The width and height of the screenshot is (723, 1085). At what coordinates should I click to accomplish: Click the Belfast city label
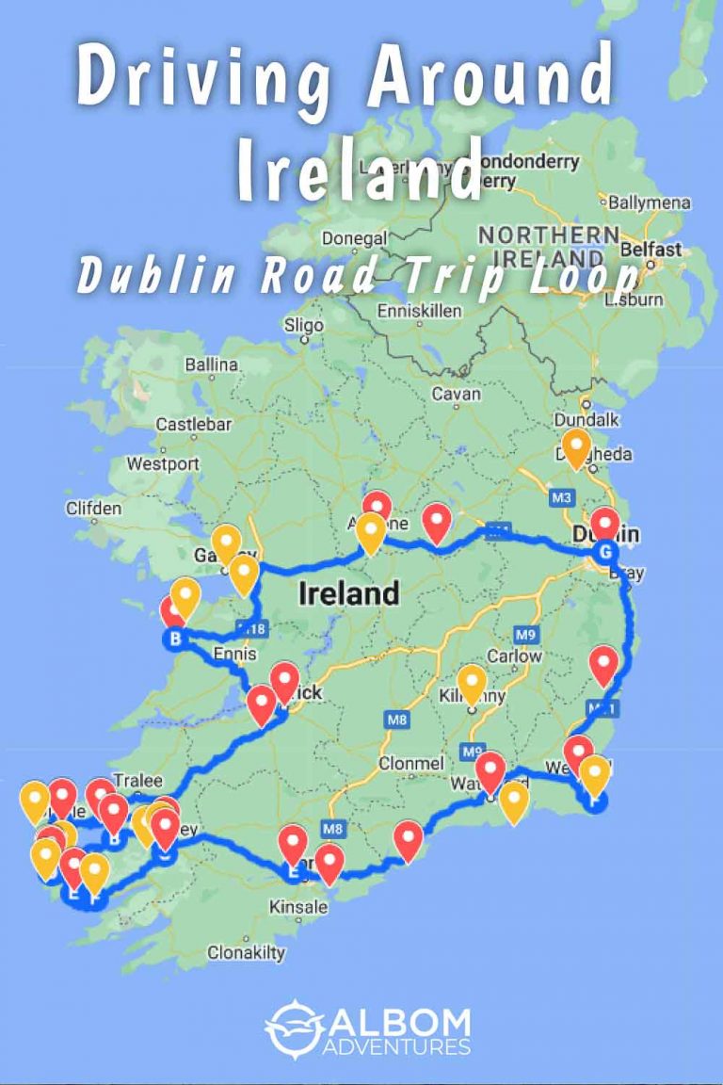[x=651, y=250]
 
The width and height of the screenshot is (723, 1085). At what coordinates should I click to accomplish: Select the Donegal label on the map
[x=348, y=238]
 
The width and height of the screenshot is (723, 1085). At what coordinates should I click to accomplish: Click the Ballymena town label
[x=650, y=202]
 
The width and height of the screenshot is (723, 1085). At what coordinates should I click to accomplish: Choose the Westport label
[x=163, y=464]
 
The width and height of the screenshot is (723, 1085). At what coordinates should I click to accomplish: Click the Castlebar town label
[x=193, y=425]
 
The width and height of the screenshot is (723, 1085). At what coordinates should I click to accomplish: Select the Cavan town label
[x=456, y=395]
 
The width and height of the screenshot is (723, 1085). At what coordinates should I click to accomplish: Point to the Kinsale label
[x=298, y=907]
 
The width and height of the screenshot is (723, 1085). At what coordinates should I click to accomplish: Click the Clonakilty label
[x=246, y=952]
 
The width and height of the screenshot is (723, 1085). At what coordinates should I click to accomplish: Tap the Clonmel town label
[x=410, y=763]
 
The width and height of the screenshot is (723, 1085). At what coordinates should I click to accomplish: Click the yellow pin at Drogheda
[x=576, y=446]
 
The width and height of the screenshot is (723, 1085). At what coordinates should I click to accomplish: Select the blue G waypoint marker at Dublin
[x=605, y=552]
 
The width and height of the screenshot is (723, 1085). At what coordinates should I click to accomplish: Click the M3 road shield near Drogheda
[x=563, y=496]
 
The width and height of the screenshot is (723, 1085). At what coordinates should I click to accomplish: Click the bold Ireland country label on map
[x=348, y=593]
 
